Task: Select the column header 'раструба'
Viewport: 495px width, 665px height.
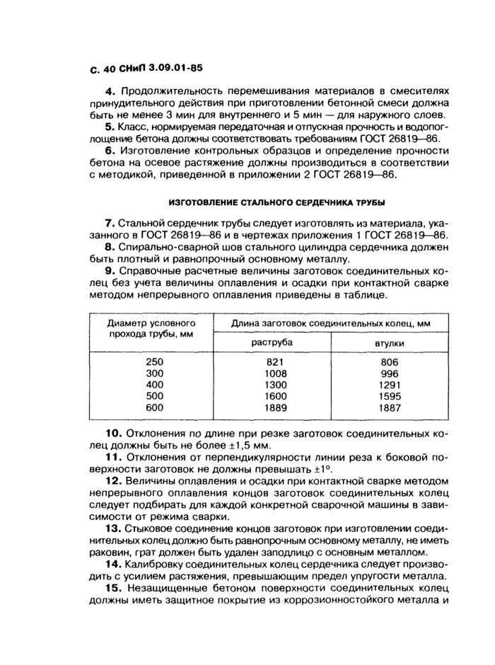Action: pos(272,342)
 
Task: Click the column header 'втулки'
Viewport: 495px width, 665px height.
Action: pos(390,343)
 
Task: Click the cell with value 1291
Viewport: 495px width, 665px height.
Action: pos(390,385)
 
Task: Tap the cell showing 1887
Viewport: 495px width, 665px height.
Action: pos(390,407)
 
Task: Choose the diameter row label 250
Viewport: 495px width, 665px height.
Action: pos(154,362)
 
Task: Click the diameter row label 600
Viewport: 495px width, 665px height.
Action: pos(154,407)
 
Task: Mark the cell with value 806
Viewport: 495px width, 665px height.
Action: pos(390,362)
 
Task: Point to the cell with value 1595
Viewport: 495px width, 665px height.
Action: pos(390,396)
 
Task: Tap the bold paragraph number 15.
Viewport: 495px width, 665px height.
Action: pos(113,588)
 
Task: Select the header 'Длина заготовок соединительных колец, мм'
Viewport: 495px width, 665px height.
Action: pos(331,323)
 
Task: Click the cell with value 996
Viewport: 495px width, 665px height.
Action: pos(390,374)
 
